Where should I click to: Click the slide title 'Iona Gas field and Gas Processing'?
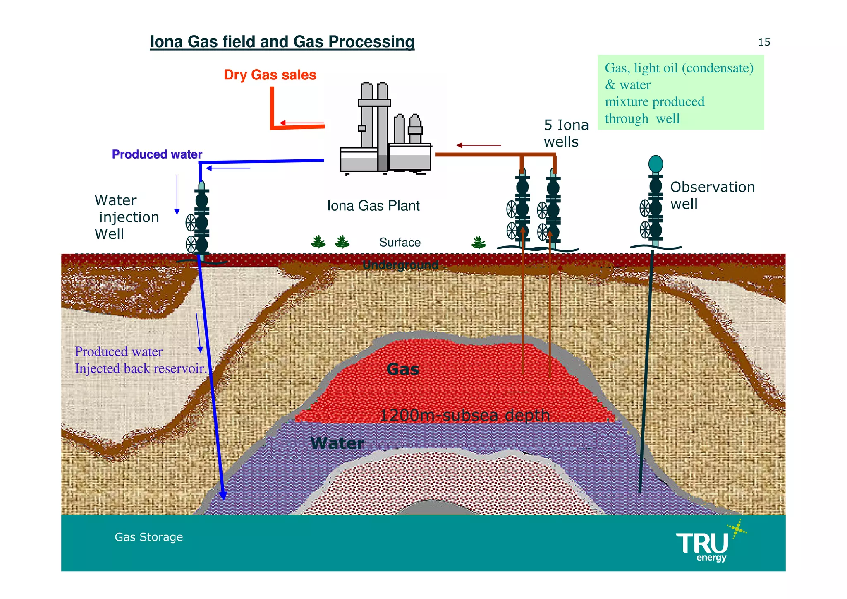[x=282, y=42]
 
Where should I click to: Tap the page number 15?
[x=764, y=42]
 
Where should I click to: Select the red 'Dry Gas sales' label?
[x=270, y=75]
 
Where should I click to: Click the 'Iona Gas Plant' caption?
[x=373, y=206]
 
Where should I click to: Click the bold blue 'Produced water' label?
[x=157, y=154]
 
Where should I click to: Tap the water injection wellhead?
[x=201, y=219]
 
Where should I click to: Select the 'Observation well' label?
[x=712, y=195]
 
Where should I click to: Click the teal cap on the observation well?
[x=656, y=164]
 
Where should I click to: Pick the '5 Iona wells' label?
[x=566, y=133]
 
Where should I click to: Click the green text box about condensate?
[x=680, y=93]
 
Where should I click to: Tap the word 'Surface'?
[x=400, y=243]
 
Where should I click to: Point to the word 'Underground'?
[x=400, y=265]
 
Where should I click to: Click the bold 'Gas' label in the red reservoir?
[x=402, y=369]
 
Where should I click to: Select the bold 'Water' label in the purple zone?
[x=337, y=443]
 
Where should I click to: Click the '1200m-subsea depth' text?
[x=464, y=415]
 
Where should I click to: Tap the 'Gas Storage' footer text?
[x=148, y=537]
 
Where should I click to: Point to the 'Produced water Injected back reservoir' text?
[x=140, y=360]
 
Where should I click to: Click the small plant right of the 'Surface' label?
[x=479, y=242]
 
